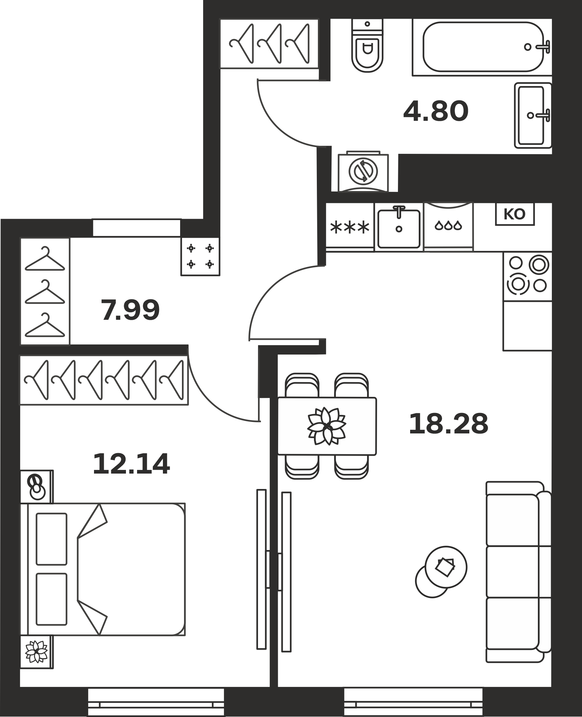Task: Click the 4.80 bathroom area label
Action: [x=436, y=111]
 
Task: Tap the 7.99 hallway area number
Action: [x=130, y=310]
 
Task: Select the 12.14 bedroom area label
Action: [x=131, y=464]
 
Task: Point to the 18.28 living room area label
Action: [x=449, y=423]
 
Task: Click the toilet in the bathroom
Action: [x=367, y=46]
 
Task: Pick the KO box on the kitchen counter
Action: [x=515, y=214]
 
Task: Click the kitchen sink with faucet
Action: [x=399, y=227]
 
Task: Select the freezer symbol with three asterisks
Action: [x=350, y=227]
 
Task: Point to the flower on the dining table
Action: [x=327, y=426]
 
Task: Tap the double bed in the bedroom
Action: [x=103, y=569]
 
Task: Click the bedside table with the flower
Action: [x=36, y=652]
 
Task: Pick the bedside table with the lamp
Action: [x=37, y=487]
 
